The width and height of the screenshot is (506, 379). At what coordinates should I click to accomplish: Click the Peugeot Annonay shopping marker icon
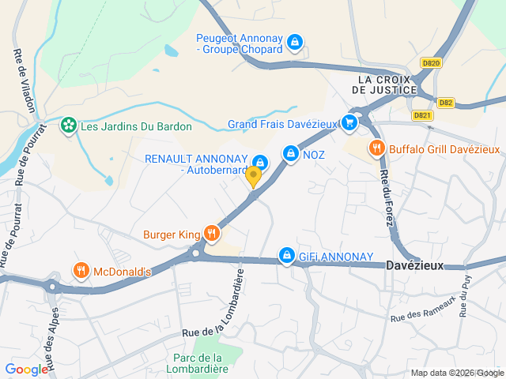coord(294,41)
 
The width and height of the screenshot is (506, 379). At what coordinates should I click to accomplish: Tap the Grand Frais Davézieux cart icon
coord(349,122)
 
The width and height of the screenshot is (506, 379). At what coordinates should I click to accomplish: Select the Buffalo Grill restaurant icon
coord(376,148)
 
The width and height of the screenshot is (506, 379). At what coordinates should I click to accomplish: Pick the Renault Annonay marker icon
coord(259,163)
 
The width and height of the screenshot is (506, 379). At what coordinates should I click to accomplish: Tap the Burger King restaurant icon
coord(211,233)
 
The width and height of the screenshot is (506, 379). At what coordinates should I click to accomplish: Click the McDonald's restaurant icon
coord(81,271)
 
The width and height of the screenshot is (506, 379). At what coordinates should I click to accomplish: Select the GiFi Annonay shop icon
coord(287,255)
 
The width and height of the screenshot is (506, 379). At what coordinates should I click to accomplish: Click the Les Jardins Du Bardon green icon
coord(70,126)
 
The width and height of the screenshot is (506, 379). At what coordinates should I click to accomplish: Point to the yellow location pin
coord(253,176)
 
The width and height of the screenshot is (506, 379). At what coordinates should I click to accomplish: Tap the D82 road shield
coord(446,102)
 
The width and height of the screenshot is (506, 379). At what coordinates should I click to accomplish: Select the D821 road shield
coord(424,115)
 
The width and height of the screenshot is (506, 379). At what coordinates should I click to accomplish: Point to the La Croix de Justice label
coord(387,84)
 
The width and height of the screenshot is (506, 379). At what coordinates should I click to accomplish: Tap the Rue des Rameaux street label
coord(424,309)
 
